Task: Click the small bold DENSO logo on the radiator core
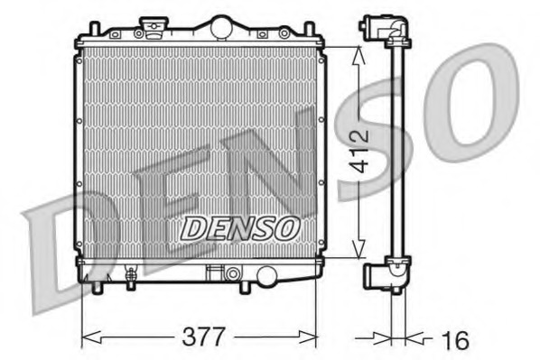coord(238,228)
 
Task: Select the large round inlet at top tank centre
coord(220,28)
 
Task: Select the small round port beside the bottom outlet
coord(233,272)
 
